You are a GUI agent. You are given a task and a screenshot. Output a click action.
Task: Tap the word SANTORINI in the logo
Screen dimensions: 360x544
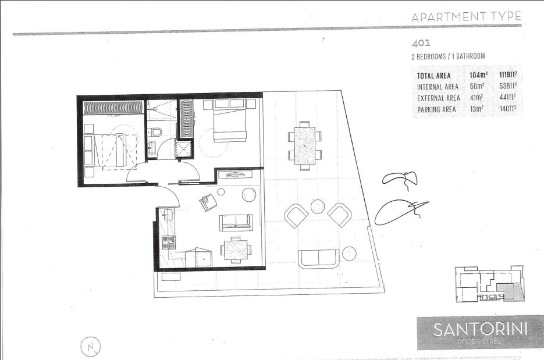tap(480, 329)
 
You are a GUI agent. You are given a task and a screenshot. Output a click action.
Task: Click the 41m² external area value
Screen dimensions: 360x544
tap(477, 98)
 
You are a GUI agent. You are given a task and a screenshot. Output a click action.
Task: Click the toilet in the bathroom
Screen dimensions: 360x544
tap(155, 132)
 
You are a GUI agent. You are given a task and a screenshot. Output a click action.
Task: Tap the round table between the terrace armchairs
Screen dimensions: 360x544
tap(318, 206)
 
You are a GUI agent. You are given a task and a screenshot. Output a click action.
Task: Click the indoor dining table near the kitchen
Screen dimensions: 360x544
tap(236, 250)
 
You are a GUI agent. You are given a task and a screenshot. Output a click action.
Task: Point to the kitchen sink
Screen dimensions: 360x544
tap(168, 215)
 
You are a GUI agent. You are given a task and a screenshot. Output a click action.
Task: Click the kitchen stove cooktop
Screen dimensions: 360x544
tap(168, 241)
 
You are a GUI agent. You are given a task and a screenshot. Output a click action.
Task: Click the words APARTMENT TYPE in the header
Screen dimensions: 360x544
tap(466, 17)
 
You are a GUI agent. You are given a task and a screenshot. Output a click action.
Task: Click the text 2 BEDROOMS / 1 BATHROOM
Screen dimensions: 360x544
tap(447, 56)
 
